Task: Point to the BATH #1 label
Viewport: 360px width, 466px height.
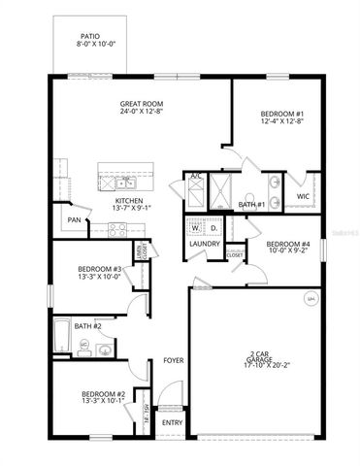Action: point(252,205)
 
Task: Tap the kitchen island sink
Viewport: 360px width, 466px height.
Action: point(125,182)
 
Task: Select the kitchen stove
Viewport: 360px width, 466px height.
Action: point(117,230)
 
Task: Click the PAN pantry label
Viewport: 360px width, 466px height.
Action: point(74,220)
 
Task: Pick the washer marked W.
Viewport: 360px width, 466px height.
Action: point(195,228)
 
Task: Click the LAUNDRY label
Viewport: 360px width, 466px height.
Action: point(205,244)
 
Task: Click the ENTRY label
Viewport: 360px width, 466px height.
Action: point(172,422)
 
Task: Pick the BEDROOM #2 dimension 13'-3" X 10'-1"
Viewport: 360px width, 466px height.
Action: point(102,399)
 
